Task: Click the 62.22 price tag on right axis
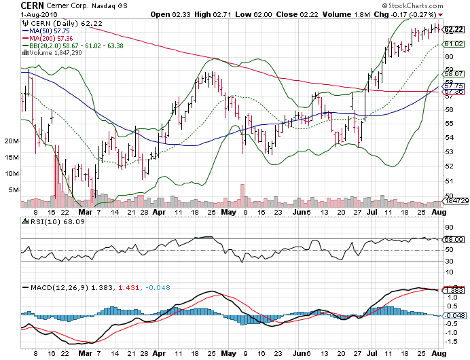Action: coord(453,29)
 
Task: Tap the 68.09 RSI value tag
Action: coord(453,239)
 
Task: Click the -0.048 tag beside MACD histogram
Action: coord(453,315)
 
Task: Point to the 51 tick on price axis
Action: coord(449,180)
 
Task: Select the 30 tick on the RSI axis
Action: coord(449,262)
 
